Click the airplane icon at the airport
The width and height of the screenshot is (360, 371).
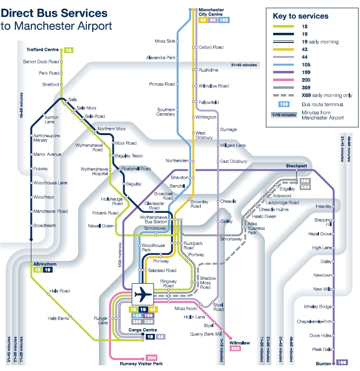coord(143,294)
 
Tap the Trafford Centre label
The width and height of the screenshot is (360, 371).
coord(42,50)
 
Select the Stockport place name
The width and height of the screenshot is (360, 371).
coord(296,166)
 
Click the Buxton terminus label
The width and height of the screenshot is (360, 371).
coord(323,364)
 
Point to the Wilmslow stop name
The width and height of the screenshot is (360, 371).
coord(239,343)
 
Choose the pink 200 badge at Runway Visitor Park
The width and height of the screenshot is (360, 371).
coord(152,358)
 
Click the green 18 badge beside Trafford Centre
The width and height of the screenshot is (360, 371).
coord(69,50)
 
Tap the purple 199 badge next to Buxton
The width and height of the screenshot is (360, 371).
coord(342,362)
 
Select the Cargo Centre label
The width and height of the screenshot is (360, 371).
coord(143,330)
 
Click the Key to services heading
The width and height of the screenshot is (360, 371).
coord(301,16)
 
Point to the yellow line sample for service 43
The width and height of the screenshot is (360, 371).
coord(283,50)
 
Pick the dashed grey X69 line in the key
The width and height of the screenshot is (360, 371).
coord(283,96)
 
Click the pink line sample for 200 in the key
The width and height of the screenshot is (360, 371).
coord(283,80)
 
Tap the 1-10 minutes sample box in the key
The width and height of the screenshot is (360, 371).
coord(284,115)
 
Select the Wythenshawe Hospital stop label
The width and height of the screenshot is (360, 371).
coord(94,171)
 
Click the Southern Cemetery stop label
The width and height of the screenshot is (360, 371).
coord(166,112)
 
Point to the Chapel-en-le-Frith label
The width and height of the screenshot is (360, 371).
coord(314,322)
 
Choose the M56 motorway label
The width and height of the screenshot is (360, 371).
coord(120,255)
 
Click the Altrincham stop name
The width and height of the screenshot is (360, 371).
coord(45,264)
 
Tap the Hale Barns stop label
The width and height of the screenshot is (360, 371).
coord(58,318)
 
